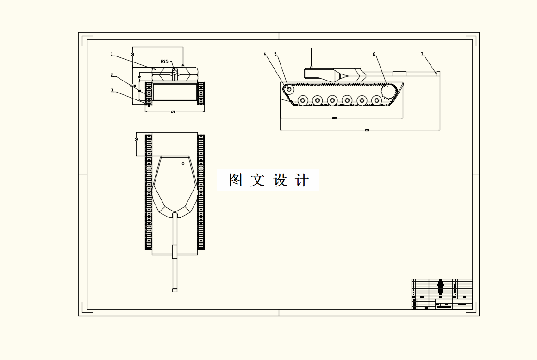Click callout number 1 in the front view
pyautogui.click(x=112, y=54)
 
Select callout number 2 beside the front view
pyautogui.click(x=112, y=74)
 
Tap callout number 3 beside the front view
pyautogui.click(x=112, y=90)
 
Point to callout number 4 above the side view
pyautogui.click(x=265, y=54)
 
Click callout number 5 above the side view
pyautogui.click(x=275, y=54)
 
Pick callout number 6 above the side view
pyautogui.click(x=374, y=54)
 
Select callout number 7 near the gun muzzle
pyautogui.click(x=422, y=54)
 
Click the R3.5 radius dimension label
pyautogui.click(x=165, y=61)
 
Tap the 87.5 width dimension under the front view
pyautogui.click(x=173, y=112)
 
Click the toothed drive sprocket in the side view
pyautogui.click(x=387, y=93)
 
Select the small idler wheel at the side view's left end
pyautogui.click(x=289, y=88)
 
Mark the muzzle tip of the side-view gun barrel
pyautogui.click(x=438, y=74)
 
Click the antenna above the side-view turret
pyautogui.click(x=311, y=57)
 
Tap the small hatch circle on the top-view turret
pyautogui.click(x=183, y=163)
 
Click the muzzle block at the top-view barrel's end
pyautogui.click(x=175, y=290)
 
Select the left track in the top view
pyautogui.click(x=149, y=192)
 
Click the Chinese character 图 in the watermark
pyautogui.click(x=236, y=180)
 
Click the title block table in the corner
pyautogui.click(x=442, y=294)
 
